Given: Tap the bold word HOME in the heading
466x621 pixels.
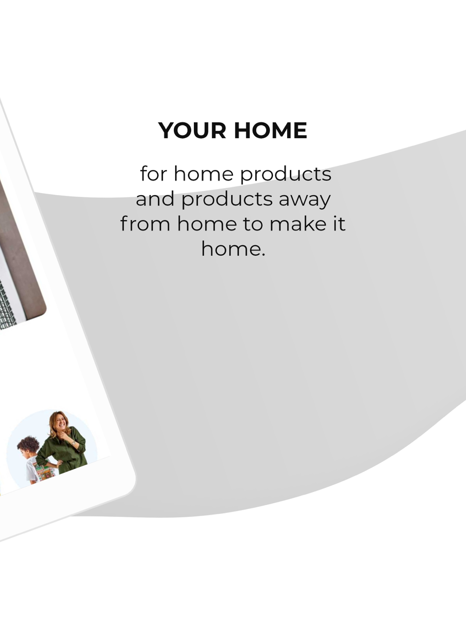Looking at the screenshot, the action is coord(271,130).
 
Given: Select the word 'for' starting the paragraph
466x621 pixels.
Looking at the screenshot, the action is coord(153,174).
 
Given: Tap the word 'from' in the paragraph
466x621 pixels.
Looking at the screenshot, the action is coord(145,223).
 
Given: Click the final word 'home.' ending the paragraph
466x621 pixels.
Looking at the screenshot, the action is coord(233,249).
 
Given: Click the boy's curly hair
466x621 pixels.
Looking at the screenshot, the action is coord(28,445).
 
